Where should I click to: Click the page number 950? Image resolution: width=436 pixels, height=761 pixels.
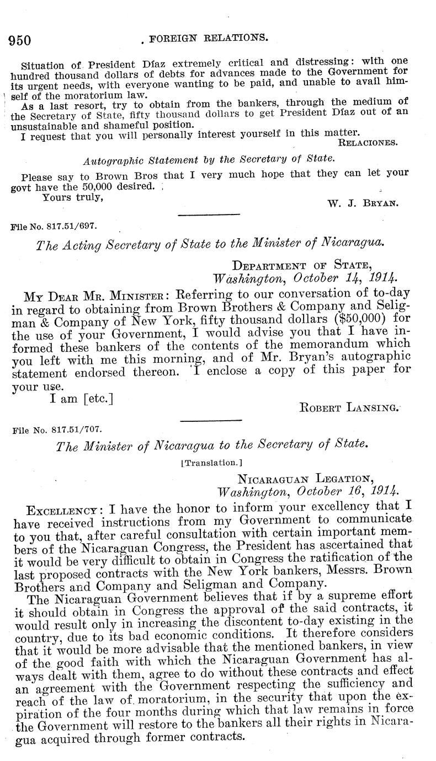20,40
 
